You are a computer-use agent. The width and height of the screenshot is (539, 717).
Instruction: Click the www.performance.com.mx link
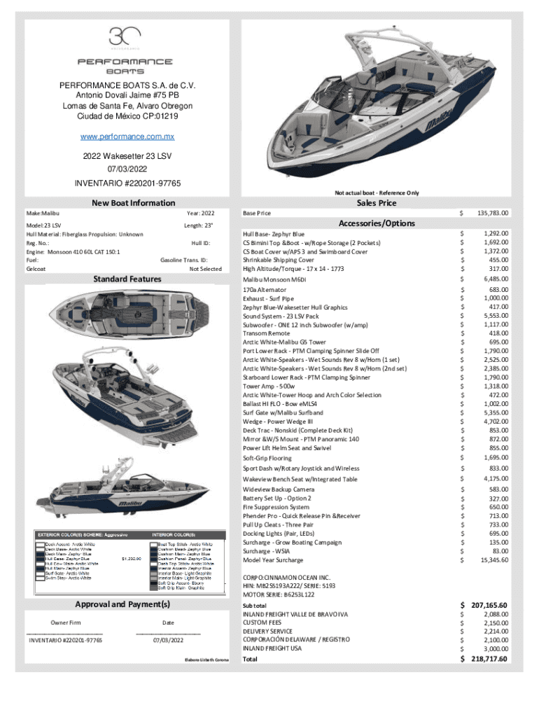(x=126, y=138)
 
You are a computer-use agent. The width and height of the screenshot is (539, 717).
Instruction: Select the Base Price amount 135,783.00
(x=493, y=212)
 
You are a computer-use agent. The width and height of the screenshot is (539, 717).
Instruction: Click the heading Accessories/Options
(x=377, y=223)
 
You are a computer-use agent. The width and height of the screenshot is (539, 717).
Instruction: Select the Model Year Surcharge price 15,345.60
(x=493, y=559)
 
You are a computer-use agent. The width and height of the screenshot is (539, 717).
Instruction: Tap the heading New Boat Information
(x=134, y=203)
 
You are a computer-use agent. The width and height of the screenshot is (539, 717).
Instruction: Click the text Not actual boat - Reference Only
(x=377, y=193)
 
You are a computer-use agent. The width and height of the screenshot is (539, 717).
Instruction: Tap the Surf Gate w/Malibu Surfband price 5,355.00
(x=493, y=413)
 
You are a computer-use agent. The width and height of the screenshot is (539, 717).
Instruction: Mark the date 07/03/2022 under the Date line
(x=168, y=640)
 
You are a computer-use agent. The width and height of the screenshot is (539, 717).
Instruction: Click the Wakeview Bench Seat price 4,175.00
(x=493, y=479)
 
